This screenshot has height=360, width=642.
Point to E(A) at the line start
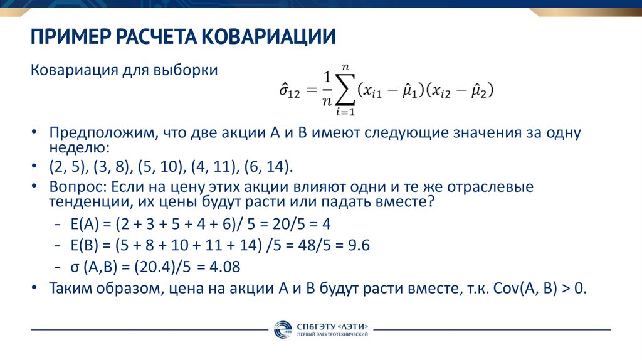(x=85, y=225)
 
